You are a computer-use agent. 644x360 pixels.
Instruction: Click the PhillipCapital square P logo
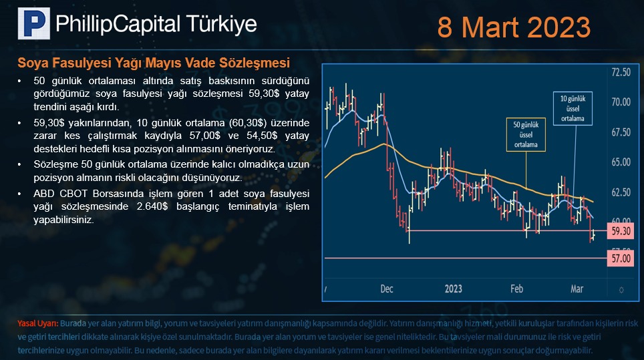point(33,23)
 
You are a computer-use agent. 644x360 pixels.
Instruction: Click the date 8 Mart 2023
point(514,27)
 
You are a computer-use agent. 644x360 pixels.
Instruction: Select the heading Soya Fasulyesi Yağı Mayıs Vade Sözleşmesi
point(154,63)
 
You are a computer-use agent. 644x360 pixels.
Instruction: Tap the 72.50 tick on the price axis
point(621,72)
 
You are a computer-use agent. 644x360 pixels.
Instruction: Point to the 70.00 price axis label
point(621,102)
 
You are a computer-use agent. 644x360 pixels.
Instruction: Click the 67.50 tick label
point(621,132)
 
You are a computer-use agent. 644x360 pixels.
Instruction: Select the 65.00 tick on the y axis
point(621,162)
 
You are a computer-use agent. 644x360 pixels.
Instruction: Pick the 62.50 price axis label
point(621,192)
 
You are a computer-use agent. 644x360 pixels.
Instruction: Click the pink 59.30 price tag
point(621,231)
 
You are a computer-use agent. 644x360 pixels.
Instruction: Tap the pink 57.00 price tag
point(621,258)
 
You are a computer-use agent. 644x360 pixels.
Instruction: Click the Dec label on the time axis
point(387,289)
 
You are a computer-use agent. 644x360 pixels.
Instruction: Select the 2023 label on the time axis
point(454,289)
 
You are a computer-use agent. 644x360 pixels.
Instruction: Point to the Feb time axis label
point(516,289)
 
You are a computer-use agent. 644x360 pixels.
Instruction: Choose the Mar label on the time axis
point(577,289)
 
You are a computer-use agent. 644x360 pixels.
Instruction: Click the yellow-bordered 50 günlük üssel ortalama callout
point(526,135)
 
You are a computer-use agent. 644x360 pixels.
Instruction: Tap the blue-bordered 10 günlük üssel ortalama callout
point(573,108)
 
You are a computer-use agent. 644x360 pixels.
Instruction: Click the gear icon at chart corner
point(621,291)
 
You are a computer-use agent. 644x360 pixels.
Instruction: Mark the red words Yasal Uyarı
point(38,323)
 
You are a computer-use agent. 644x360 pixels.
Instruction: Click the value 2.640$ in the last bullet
point(152,206)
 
